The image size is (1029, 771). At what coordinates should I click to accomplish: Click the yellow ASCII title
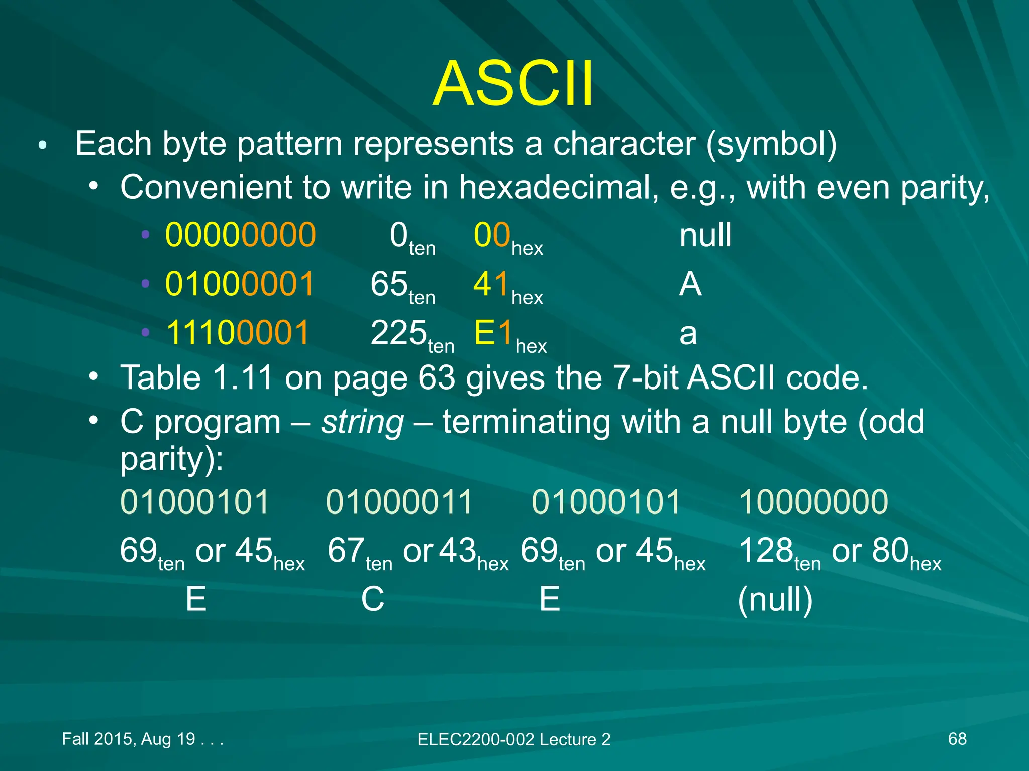pyautogui.click(x=513, y=84)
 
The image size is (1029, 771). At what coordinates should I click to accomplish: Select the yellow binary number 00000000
pyautogui.click(x=240, y=235)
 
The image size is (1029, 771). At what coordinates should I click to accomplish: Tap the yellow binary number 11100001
pyautogui.click(x=238, y=333)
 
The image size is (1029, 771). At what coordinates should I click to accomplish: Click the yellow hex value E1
pyautogui.click(x=493, y=333)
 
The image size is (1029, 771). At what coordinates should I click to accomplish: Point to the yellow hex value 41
pyautogui.click(x=492, y=284)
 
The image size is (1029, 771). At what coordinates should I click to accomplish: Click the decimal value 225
pyautogui.click(x=398, y=333)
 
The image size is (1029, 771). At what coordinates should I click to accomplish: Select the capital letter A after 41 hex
pyautogui.click(x=690, y=284)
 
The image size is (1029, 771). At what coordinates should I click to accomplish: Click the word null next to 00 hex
pyautogui.click(x=705, y=235)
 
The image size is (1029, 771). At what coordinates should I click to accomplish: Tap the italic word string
pyautogui.click(x=362, y=423)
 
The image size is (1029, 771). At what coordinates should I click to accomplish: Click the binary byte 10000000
pyautogui.click(x=813, y=502)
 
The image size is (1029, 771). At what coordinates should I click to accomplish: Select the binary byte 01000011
pyautogui.click(x=399, y=502)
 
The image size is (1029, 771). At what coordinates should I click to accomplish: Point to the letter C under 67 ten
pyautogui.click(x=372, y=599)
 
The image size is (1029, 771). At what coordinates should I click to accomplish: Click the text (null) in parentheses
pyautogui.click(x=775, y=600)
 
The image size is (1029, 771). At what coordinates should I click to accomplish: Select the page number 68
pyautogui.click(x=957, y=739)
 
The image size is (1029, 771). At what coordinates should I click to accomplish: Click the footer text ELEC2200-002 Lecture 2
pyautogui.click(x=513, y=739)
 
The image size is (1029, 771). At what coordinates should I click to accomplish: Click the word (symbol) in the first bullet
pyautogui.click(x=771, y=144)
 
